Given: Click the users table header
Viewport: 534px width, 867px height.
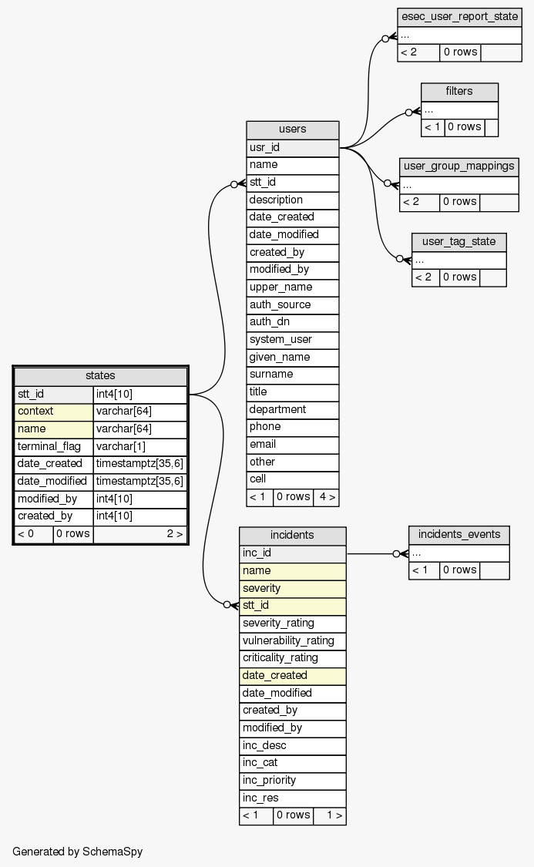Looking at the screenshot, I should pyautogui.click(x=292, y=129).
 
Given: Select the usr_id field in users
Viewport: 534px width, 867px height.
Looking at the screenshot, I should pyautogui.click(x=292, y=147).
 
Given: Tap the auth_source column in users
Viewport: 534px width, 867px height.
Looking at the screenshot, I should pyautogui.click(x=292, y=304).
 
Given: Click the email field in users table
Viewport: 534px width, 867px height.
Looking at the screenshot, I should pyautogui.click(x=292, y=444).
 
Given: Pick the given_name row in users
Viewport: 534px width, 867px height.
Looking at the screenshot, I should pyautogui.click(x=292, y=357).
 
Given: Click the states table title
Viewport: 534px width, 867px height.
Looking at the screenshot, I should pyautogui.click(x=100, y=376).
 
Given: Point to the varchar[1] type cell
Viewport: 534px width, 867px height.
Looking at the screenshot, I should pyautogui.click(x=139, y=446).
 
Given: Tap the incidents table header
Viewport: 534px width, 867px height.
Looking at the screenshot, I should pyautogui.click(x=292, y=535).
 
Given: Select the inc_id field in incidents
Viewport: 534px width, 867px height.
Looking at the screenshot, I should pyautogui.click(x=292, y=553).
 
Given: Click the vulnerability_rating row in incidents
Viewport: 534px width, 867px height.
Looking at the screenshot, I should pyautogui.click(x=292, y=640).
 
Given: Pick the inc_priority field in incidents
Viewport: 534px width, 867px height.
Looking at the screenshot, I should pyautogui.click(x=292, y=780).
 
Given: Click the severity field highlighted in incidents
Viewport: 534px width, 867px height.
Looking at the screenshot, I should pyautogui.click(x=292, y=588).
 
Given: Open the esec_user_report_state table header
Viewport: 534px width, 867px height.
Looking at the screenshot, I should pyautogui.click(x=459, y=17).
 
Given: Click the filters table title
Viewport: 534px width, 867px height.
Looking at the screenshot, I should pyautogui.click(x=459, y=92).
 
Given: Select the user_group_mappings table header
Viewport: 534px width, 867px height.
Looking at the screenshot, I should pyautogui.click(x=458, y=166).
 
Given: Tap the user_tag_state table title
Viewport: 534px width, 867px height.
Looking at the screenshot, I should pyautogui.click(x=458, y=242).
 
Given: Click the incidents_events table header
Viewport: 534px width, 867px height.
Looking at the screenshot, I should pyautogui.click(x=458, y=535).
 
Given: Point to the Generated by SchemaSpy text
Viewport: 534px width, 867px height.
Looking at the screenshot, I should pyautogui.click(x=78, y=852).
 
